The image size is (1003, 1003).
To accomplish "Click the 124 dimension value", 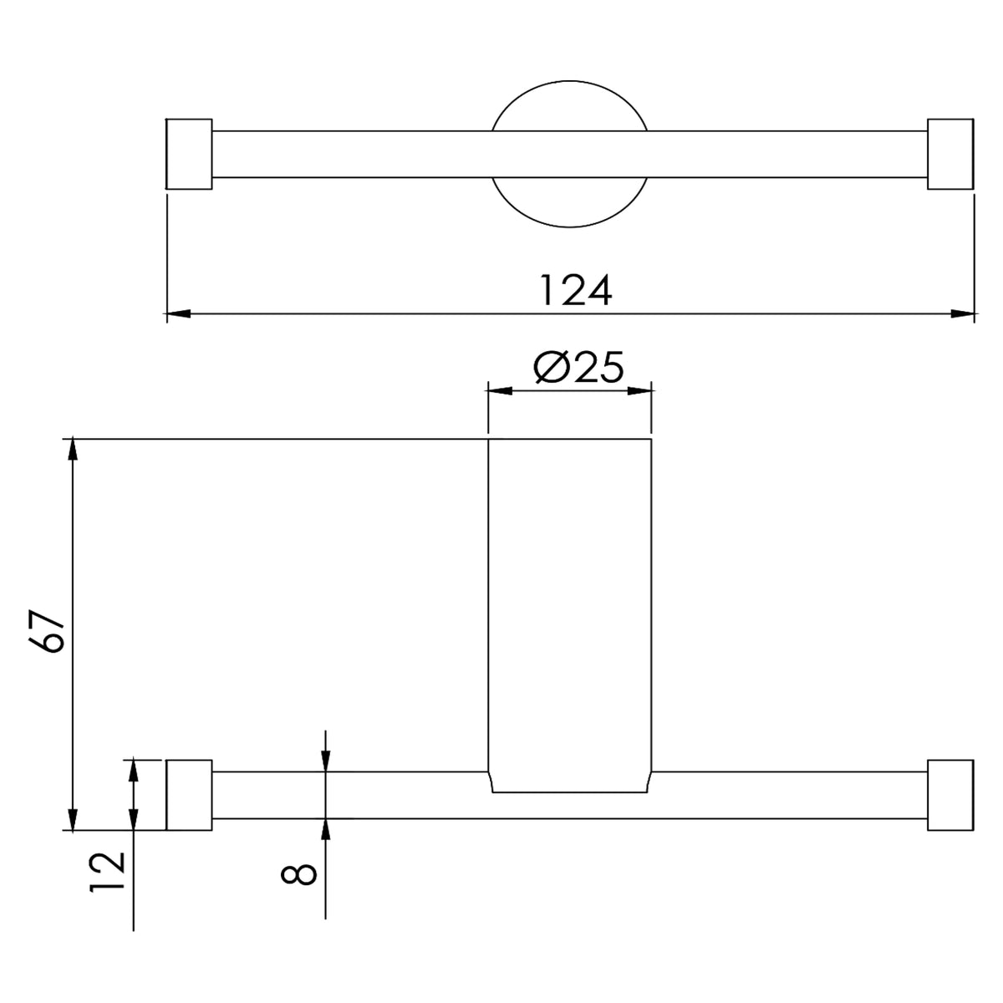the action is pyautogui.click(x=576, y=290).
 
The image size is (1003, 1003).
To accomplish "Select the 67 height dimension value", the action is pyautogui.click(x=48, y=630).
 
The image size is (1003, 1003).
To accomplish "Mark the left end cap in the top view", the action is pyautogui.click(x=189, y=154).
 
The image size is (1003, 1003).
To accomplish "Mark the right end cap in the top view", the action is pyautogui.click(x=950, y=154).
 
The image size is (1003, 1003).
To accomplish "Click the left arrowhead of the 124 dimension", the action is pyautogui.click(x=177, y=314).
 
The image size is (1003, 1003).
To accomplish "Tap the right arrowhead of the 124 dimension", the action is pyautogui.click(x=962, y=314).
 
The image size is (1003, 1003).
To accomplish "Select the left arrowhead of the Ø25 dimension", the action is pyautogui.click(x=500, y=391).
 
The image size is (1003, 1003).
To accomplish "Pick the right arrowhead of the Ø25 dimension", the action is pyautogui.click(x=639, y=391).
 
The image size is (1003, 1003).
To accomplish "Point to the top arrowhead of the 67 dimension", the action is pyautogui.click(x=73, y=450).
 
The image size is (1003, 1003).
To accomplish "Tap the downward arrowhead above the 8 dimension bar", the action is pyautogui.click(x=325, y=760).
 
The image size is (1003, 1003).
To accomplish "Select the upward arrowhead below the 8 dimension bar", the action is pyautogui.click(x=325, y=830).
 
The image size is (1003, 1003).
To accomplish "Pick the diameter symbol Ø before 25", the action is pyautogui.click(x=550, y=368).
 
